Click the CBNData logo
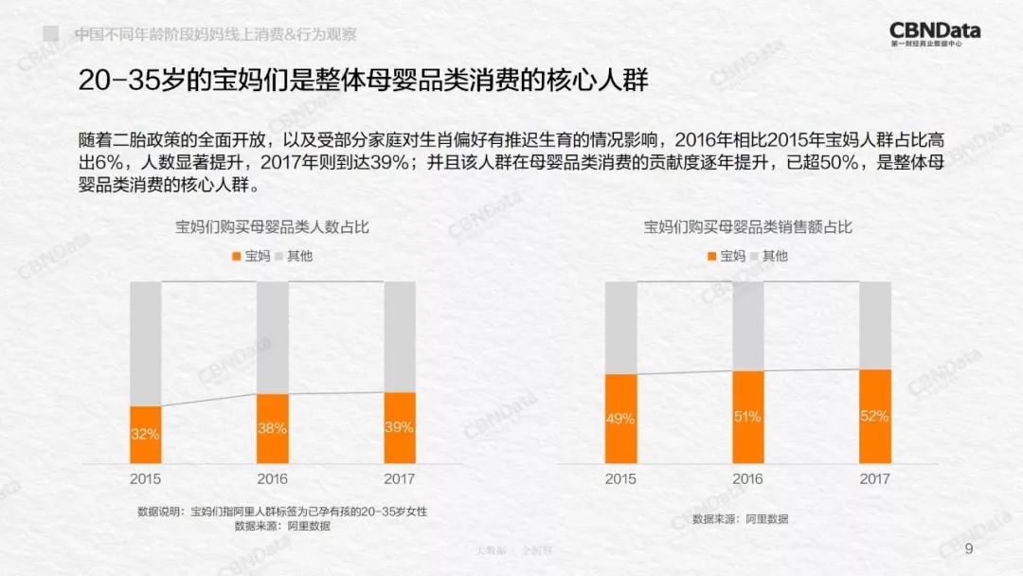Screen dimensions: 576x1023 pyautogui.click(x=935, y=32)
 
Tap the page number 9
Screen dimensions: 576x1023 pyautogui.click(x=968, y=550)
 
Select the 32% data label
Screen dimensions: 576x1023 pyautogui.click(x=146, y=434)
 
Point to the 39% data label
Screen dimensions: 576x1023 pyautogui.click(x=400, y=427)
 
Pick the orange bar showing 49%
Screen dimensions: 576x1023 pyautogui.click(x=621, y=418)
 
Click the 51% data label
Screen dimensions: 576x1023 pyautogui.click(x=748, y=416)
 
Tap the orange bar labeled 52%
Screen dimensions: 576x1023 pyautogui.click(x=875, y=415)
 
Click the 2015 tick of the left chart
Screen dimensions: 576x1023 pyautogui.click(x=146, y=479)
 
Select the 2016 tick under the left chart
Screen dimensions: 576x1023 pyautogui.click(x=273, y=479)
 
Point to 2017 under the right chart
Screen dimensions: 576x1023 pyautogui.click(x=875, y=479)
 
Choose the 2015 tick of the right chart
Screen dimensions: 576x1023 pyautogui.click(x=621, y=479)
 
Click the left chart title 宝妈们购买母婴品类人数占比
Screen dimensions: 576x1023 pyautogui.click(x=273, y=227)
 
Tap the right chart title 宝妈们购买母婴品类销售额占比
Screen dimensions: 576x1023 pyautogui.click(x=748, y=227)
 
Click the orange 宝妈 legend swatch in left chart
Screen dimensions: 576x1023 pyautogui.click(x=237, y=256)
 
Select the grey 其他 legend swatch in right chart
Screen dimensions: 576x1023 pyautogui.click(x=755, y=256)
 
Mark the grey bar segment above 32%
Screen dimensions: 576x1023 pyautogui.click(x=146, y=343)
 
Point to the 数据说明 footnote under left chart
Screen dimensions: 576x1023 pyautogui.click(x=282, y=512)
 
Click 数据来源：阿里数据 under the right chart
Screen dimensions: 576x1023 pyautogui.click(x=740, y=519)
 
